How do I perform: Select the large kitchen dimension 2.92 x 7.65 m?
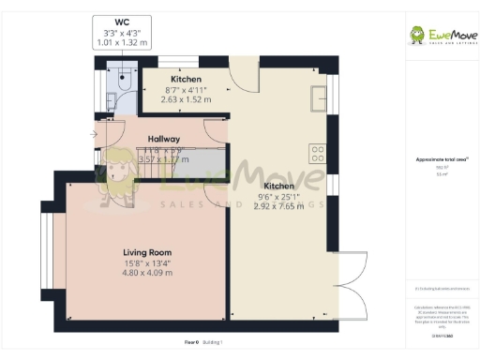278,206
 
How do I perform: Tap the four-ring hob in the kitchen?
317,153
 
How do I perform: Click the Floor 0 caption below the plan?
190,343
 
